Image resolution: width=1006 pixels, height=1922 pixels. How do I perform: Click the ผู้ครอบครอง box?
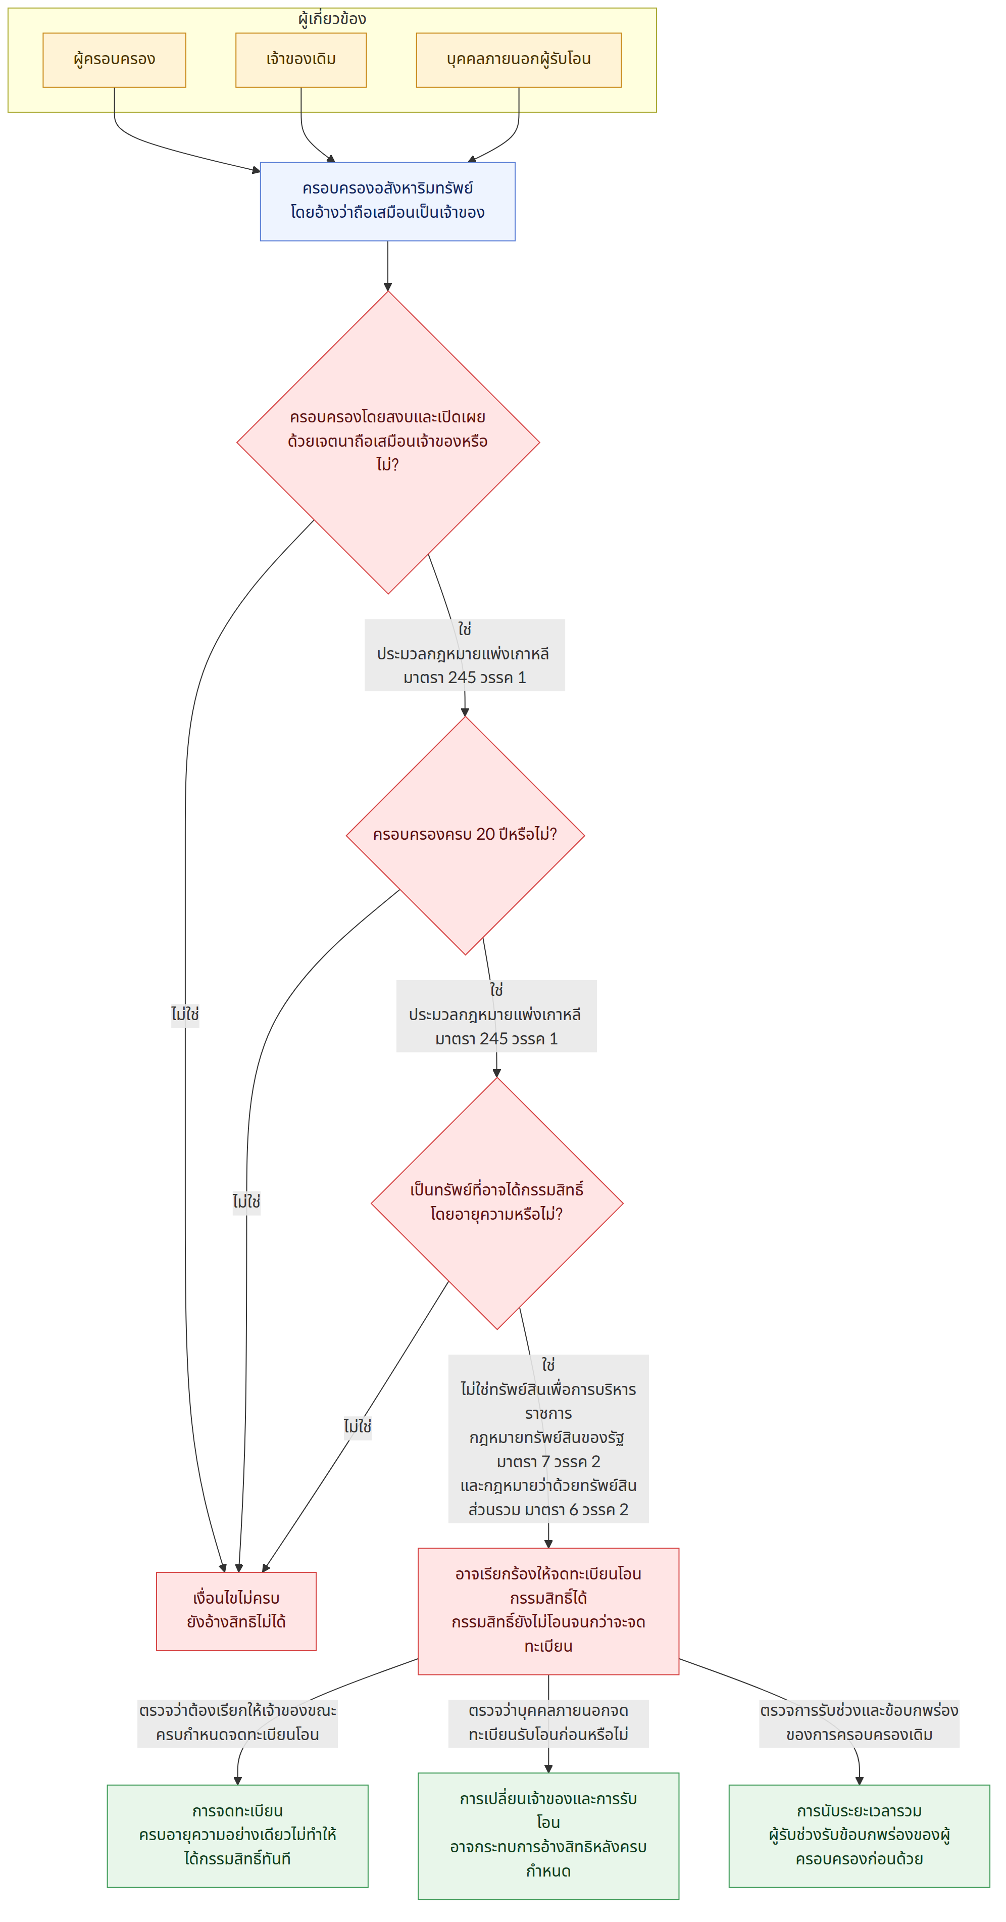(114, 60)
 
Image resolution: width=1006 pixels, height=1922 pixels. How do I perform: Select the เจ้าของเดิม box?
(300, 60)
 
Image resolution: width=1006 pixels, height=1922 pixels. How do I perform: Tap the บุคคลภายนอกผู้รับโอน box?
(518, 60)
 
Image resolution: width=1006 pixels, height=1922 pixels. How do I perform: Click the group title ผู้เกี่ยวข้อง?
(332, 19)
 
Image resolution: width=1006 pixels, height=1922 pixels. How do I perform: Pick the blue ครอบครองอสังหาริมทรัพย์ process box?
(387, 202)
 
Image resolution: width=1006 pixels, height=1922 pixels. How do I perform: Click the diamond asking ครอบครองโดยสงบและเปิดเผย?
(388, 443)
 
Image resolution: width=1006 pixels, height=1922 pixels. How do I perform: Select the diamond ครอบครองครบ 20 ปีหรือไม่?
(465, 836)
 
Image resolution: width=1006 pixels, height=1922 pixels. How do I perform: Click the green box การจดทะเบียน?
(237, 1836)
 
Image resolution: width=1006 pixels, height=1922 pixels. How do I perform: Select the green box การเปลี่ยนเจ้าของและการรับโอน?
(548, 1836)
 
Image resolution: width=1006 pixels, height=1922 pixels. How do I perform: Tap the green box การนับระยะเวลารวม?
(859, 1836)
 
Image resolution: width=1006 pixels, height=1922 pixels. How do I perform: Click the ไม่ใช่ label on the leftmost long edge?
(185, 1015)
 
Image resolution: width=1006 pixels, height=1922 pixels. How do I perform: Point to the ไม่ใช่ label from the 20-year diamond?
(246, 1202)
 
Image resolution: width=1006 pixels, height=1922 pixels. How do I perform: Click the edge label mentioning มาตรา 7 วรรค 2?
(548, 1438)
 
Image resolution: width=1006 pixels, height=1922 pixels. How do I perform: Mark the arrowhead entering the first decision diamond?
(388, 286)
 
